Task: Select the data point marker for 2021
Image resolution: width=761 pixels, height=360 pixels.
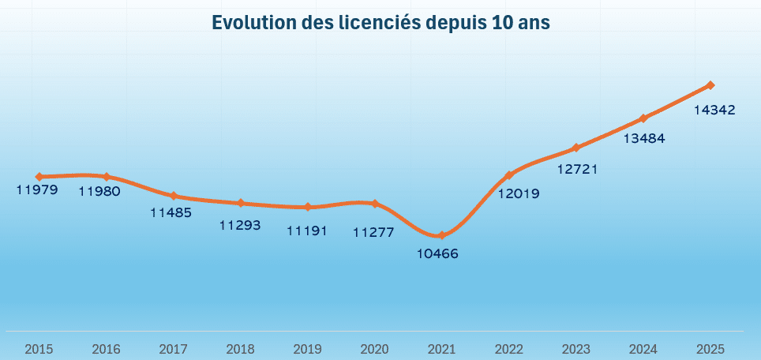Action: [441, 235]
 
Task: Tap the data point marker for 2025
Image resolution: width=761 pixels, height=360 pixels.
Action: [710, 85]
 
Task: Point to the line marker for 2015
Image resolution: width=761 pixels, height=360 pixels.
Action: [39, 177]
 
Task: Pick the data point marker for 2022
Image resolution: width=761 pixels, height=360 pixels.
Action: [509, 175]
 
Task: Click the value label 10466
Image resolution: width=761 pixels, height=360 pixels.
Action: [437, 254]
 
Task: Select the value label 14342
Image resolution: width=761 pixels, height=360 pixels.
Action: [714, 111]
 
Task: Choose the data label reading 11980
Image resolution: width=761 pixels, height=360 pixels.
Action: [99, 191]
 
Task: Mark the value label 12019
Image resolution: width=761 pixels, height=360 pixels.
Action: [518, 193]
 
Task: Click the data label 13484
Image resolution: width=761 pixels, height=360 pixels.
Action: [643, 139]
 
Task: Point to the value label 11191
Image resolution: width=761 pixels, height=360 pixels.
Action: [307, 231]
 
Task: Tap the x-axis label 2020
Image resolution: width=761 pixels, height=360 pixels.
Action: [375, 348]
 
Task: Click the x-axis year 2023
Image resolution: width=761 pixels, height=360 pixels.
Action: [576, 348]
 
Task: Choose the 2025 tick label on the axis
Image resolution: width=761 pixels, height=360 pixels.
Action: [710, 348]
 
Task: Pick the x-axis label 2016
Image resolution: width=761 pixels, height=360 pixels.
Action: [107, 348]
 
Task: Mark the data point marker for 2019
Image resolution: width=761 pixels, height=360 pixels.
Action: [308, 207]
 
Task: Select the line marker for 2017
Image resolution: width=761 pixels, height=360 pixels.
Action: [174, 196]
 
